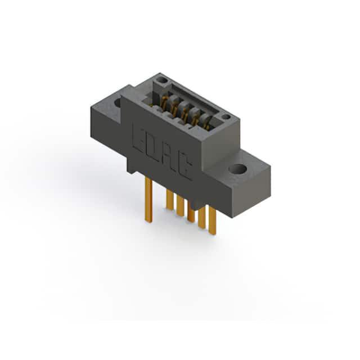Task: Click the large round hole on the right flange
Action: (237, 169)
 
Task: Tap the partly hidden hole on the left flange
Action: (118, 102)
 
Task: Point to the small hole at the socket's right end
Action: (226, 117)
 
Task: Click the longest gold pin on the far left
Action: (148, 200)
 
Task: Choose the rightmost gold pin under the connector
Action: (213, 220)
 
